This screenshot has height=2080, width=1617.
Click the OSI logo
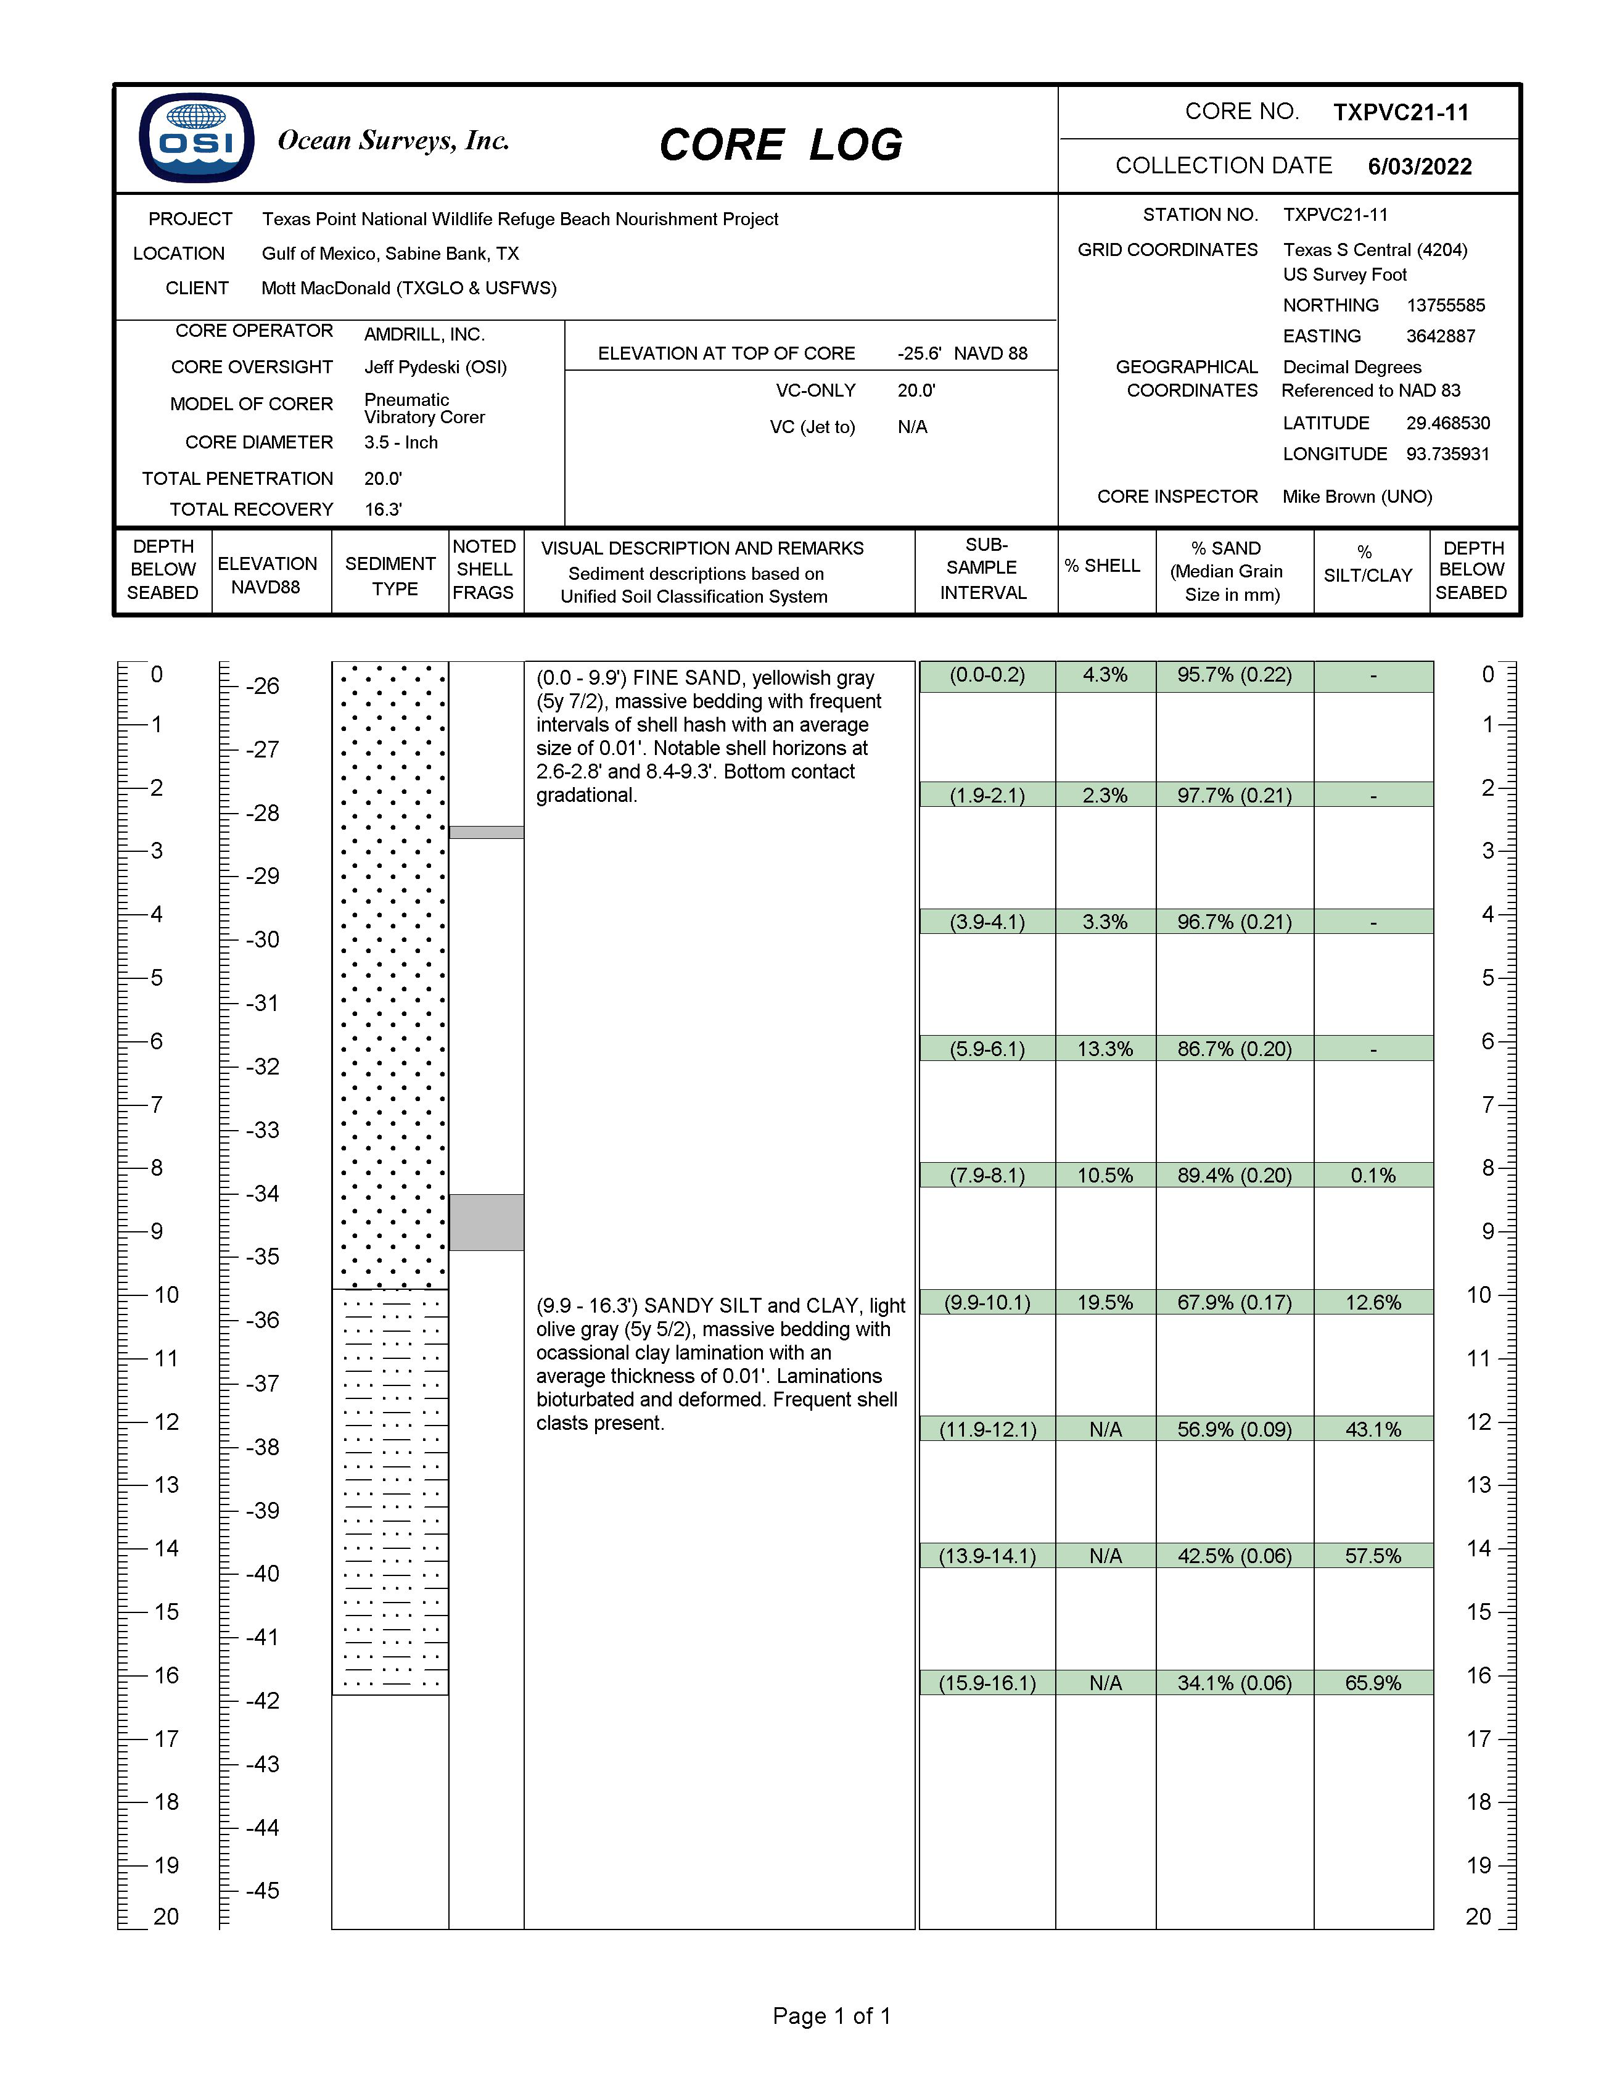[x=196, y=138]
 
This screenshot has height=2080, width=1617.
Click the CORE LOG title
[x=780, y=145]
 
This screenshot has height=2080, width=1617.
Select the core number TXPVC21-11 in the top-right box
[x=1400, y=112]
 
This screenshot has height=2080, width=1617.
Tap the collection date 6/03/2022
[x=1419, y=167]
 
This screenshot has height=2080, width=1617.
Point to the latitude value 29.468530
[x=1447, y=423]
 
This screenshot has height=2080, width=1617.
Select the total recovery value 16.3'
[x=383, y=510]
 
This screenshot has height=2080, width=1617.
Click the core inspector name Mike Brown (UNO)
[x=1356, y=496]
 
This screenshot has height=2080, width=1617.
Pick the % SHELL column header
[x=1102, y=566]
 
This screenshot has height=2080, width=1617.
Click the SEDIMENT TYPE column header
[x=390, y=576]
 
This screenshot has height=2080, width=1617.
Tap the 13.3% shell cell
[x=1105, y=1049]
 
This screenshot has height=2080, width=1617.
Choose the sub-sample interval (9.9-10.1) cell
[x=987, y=1302]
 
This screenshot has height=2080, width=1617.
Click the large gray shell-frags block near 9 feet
[x=486, y=1222]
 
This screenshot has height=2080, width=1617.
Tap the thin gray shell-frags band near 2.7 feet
[x=486, y=832]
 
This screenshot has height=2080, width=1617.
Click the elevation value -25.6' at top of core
[x=919, y=353]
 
